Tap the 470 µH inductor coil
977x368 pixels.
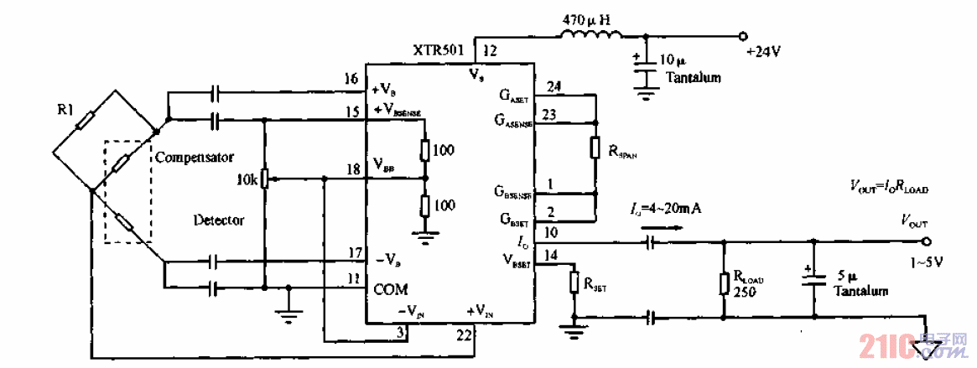pyautogui.click(x=591, y=35)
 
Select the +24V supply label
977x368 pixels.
pyautogui.click(x=763, y=51)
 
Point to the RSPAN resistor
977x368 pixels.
pyautogui.click(x=594, y=148)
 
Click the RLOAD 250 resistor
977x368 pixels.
pyautogui.click(x=724, y=282)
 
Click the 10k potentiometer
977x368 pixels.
pyautogui.click(x=264, y=179)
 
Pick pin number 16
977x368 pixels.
pyautogui.click(x=351, y=79)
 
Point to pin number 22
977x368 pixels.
pyautogui.click(x=463, y=334)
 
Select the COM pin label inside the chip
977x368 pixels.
pyautogui.click(x=391, y=289)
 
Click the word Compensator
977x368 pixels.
pyautogui.click(x=194, y=157)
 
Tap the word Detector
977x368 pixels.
pyautogui.click(x=219, y=220)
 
